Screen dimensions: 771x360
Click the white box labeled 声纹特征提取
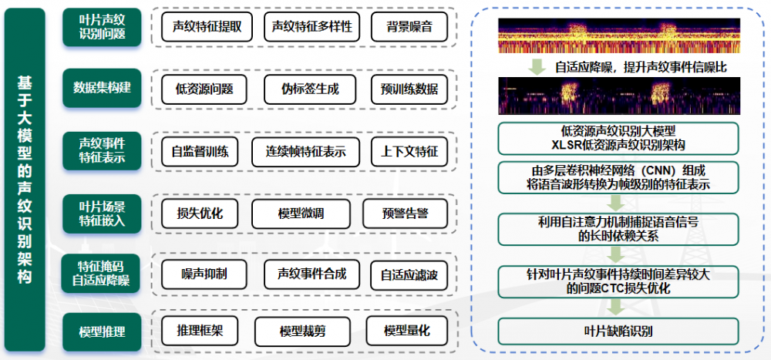tap(207, 26)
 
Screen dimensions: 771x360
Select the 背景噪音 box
tap(409, 26)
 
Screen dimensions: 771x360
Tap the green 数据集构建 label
tap(102, 88)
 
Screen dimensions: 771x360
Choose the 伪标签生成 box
tap(310, 89)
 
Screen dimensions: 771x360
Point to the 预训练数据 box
tap(409, 89)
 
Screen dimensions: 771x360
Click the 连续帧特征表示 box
tap(305, 152)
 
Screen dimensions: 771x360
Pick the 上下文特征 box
tap(409, 152)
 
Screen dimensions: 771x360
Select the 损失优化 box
tap(200, 214)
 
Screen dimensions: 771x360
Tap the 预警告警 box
tap(406, 214)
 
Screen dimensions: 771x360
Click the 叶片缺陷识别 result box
tap(618, 331)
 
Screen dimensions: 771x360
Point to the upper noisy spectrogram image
tap(619, 35)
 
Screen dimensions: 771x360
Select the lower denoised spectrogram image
tap(619, 96)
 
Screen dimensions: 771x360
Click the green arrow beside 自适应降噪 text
tap(537, 66)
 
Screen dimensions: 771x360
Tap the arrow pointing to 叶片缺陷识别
tap(615, 308)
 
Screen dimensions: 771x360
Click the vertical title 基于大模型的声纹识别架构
tap(24, 180)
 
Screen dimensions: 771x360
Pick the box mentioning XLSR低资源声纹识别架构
tap(618, 139)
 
